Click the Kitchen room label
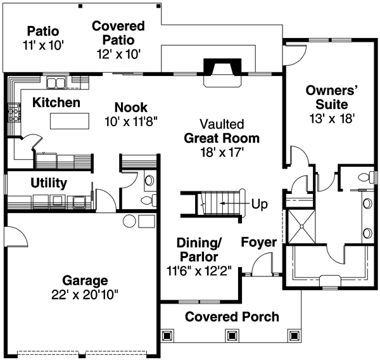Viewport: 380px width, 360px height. coord(56,102)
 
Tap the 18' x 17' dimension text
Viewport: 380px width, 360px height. coord(221,152)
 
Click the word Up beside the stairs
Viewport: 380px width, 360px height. coord(260,205)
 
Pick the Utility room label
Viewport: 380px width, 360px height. coord(49,183)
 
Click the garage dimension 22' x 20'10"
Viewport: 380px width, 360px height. coord(85,295)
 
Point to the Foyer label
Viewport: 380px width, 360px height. coord(258,243)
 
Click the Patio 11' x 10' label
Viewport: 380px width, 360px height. coord(43,38)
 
